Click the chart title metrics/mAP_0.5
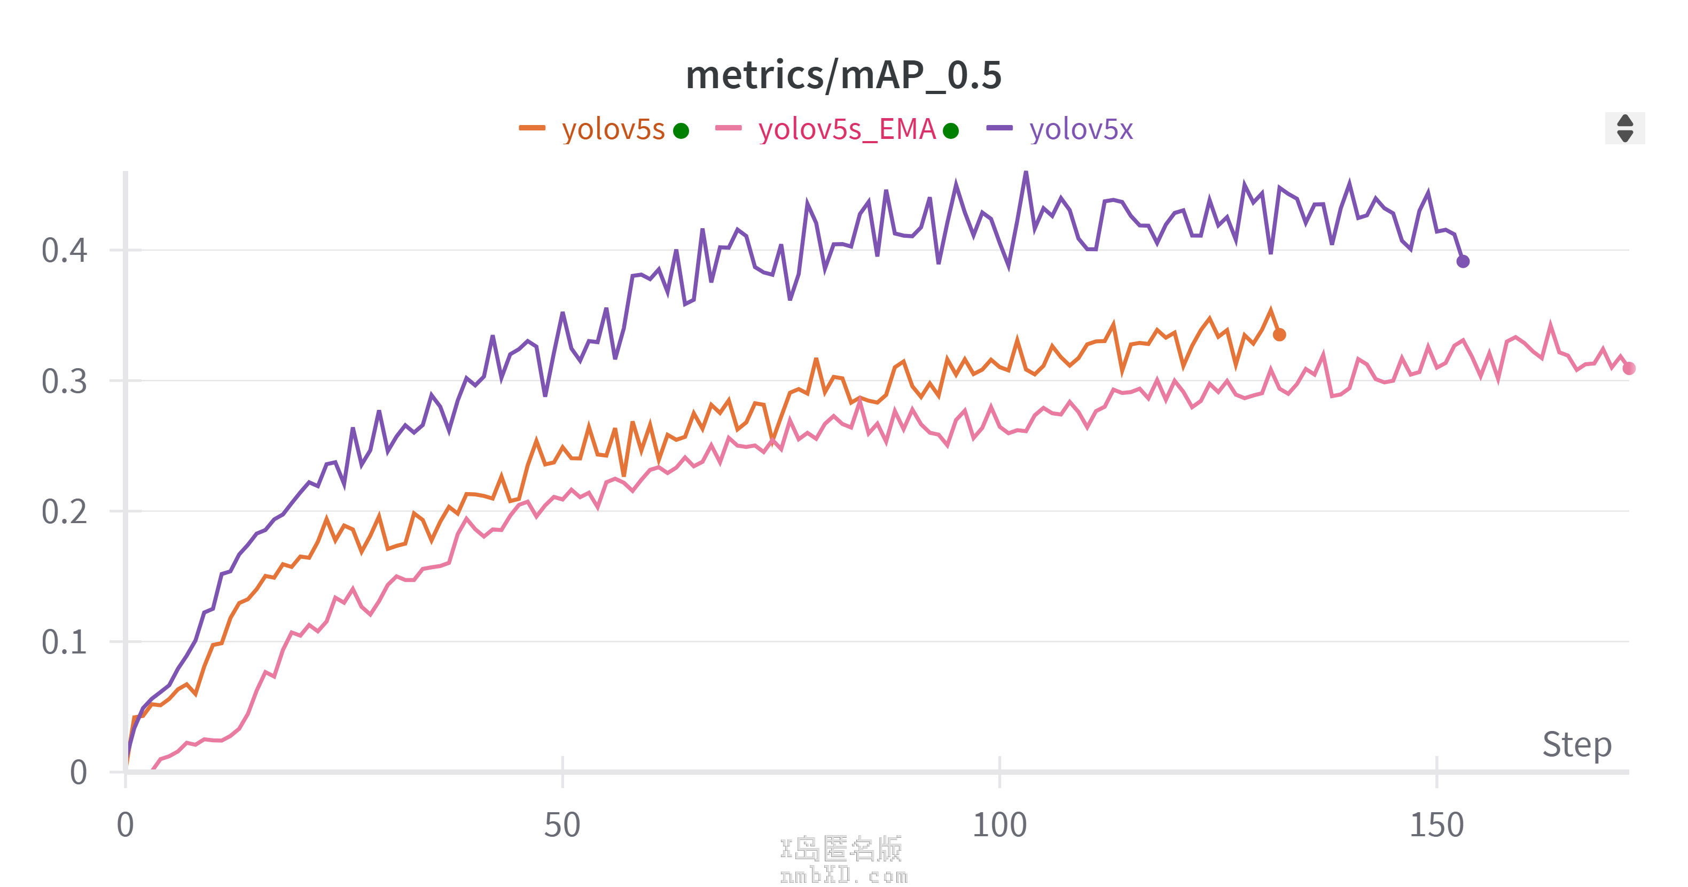[843, 75]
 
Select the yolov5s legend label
[613, 129]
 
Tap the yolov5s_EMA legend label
[847, 129]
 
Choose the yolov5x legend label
[1081, 129]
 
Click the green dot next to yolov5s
[682, 131]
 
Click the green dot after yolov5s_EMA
[951, 131]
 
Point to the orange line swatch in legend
[532, 128]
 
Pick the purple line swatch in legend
[999, 128]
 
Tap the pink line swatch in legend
[728, 128]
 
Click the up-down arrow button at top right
[1624, 128]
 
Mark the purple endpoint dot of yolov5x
[1463, 262]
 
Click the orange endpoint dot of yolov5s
[1279, 335]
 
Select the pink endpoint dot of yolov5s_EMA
[1628, 369]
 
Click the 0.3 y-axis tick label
[64, 381]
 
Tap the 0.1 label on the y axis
[64, 642]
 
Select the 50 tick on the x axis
[562, 824]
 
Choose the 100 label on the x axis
[999, 824]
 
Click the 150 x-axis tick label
[1436, 824]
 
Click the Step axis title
[1576, 745]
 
